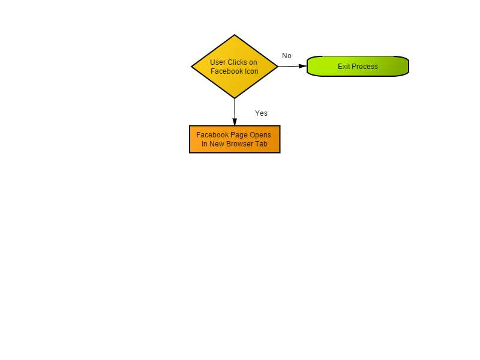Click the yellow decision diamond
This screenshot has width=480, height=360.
point(235,67)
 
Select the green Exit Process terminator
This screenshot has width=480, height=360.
point(358,66)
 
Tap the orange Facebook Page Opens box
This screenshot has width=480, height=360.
point(235,139)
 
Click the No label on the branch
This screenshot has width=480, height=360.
point(287,56)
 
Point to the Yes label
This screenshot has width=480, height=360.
point(261,113)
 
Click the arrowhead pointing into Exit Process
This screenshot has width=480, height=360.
point(303,66)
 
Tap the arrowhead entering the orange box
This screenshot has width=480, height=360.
point(235,122)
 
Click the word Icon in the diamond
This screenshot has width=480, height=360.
point(251,71)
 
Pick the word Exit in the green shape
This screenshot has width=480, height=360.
point(344,67)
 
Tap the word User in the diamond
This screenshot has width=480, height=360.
point(218,62)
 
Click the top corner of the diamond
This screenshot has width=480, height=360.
point(235,35)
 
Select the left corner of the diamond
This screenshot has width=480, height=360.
point(191,67)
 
